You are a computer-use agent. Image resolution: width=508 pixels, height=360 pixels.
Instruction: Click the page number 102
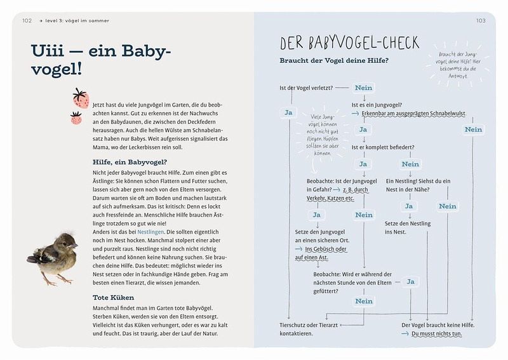27,20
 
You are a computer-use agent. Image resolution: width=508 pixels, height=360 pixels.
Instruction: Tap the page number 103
481,20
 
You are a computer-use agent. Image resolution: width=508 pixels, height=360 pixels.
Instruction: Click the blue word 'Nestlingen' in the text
152,232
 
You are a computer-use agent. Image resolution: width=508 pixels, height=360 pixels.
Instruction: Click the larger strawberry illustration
81,98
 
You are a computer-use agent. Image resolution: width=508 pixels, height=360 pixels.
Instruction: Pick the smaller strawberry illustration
76,118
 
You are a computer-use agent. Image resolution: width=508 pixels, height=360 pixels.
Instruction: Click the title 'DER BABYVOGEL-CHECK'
349,43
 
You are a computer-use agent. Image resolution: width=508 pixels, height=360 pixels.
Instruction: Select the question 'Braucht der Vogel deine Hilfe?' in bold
334,61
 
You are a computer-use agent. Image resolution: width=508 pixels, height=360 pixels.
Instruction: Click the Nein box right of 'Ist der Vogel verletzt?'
364,88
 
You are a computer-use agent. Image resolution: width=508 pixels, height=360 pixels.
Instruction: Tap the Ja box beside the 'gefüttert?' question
410,281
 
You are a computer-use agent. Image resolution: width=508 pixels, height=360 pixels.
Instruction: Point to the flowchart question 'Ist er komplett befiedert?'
383,147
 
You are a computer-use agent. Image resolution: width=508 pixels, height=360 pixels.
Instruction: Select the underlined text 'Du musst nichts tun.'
438,334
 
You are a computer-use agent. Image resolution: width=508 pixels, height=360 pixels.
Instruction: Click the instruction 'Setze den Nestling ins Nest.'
408,227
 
